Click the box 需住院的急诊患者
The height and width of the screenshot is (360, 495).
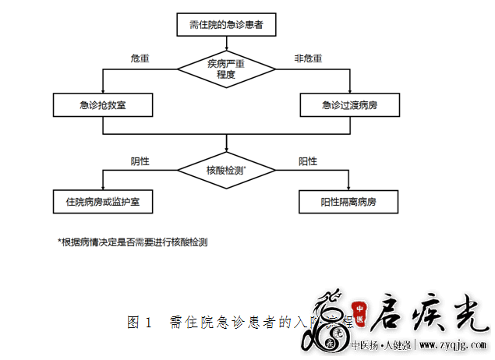click(x=226, y=25)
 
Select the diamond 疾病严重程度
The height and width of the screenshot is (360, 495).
click(x=226, y=69)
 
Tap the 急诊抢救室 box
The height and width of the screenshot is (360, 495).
click(x=103, y=105)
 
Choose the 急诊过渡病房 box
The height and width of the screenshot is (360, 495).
click(x=350, y=105)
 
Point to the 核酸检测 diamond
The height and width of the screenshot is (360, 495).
click(x=226, y=168)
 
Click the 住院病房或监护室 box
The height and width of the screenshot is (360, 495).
click(x=103, y=202)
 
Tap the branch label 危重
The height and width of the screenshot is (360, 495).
click(x=140, y=59)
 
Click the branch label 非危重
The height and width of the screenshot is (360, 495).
click(x=308, y=59)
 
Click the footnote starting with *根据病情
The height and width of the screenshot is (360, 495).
click(x=133, y=242)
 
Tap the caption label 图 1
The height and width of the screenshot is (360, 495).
click(x=139, y=322)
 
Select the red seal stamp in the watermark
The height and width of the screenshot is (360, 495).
click(x=360, y=309)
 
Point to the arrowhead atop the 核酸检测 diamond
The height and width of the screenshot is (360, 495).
click(x=226, y=153)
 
